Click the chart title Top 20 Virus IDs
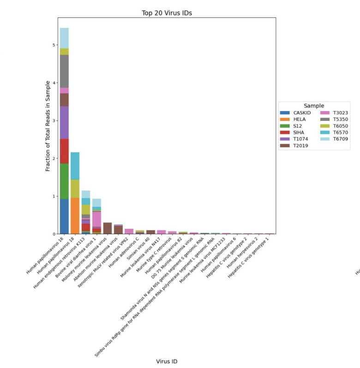[x=167, y=13]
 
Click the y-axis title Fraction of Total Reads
[x=48, y=125]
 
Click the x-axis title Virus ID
[x=167, y=361]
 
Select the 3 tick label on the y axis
[x=54, y=121]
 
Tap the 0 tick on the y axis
[x=54, y=234]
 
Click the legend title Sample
[x=314, y=106]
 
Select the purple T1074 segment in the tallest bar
[x=64, y=122]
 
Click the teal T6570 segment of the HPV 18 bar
[x=75, y=166]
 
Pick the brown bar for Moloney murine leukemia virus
[x=107, y=228]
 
